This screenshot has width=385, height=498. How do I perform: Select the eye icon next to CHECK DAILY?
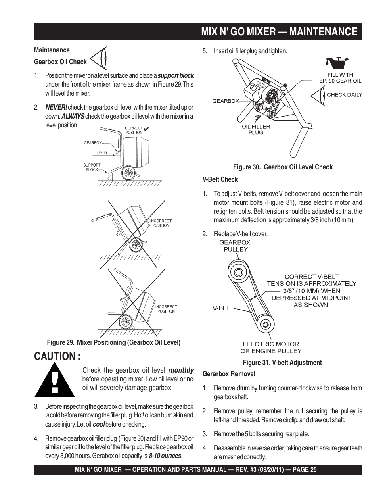point(318,95)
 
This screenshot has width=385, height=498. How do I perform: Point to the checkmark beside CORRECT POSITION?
point(147,130)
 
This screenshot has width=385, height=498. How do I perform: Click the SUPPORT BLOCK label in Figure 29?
point(92,167)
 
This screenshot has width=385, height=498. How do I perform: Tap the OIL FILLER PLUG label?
point(256,129)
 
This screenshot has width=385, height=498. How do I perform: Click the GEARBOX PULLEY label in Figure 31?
point(235,246)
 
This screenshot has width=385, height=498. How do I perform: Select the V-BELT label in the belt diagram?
point(223,308)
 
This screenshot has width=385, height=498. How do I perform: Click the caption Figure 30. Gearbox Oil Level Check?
point(283,167)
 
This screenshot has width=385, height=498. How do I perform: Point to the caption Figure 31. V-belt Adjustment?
point(282,363)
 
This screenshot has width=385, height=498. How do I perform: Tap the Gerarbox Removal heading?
point(229,374)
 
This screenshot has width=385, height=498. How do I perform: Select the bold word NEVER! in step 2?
point(56,107)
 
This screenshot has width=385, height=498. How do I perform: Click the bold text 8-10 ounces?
point(165,456)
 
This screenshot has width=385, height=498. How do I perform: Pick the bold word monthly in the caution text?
point(181,370)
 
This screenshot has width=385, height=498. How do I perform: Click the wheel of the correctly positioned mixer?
point(128,173)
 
